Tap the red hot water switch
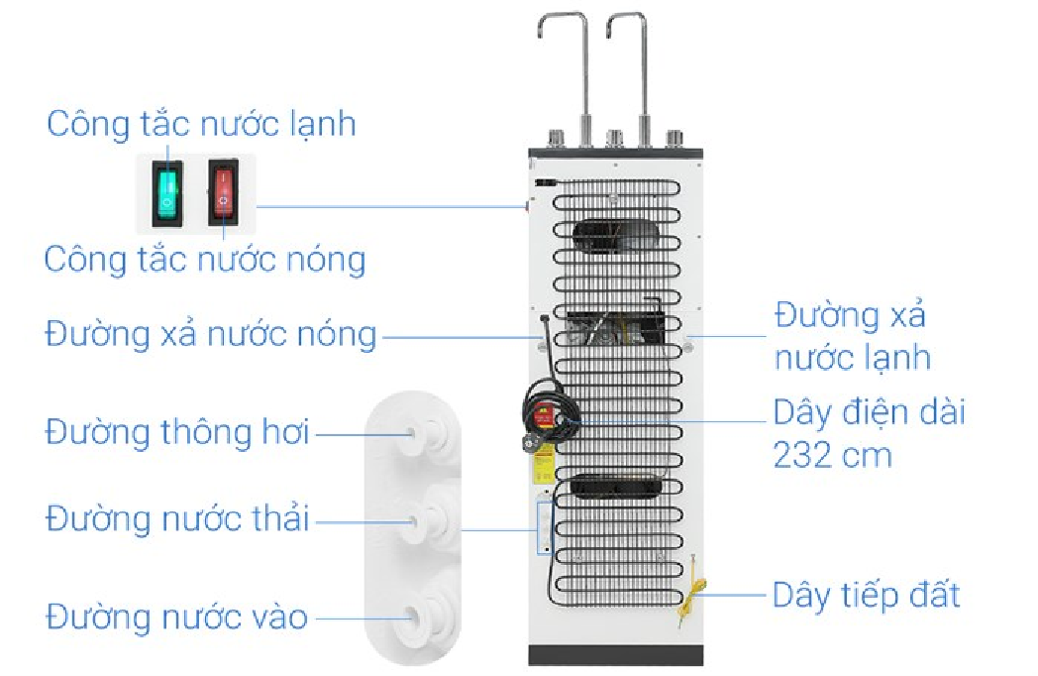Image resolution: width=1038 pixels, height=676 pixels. click(224, 192)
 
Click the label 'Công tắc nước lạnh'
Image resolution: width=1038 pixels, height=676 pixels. click(201, 125)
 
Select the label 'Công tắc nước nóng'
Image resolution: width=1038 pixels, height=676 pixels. click(205, 260)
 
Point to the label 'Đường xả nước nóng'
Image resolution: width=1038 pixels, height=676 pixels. click(211, 335)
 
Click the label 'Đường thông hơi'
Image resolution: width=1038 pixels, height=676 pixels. click(178, 433)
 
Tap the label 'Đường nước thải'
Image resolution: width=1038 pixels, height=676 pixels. click(178, 518)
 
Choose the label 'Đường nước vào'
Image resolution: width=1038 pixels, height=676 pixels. click(176, 618)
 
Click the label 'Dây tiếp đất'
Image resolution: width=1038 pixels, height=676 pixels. click(867, 596)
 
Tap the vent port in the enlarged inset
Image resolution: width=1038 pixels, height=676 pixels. click(433, 433)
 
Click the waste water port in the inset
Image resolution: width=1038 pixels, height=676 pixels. click(433, 517)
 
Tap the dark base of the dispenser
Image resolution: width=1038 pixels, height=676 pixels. click(615, 655)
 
